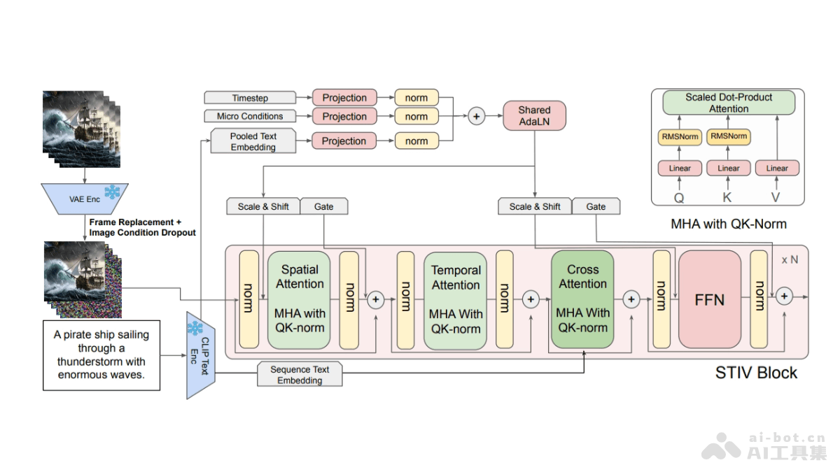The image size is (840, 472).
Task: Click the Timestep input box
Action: pyautogui.click(x=250, y=99)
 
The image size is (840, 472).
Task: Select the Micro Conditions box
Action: pyautogui.click(x=250, y=116)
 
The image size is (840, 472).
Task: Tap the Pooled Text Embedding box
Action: pyautogui.click(x=253, y=141)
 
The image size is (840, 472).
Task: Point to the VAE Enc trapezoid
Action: pyautogui.click(x=85, y=199)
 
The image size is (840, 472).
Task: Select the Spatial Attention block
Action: pyautogui.click(x=299, y=299)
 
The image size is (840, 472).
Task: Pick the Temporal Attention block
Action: pyautogui.click(x=455, y=299)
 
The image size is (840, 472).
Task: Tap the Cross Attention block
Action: pyautogui.click(x=582, y=299)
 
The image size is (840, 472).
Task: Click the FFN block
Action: pyautogui.click(x=709, y=299)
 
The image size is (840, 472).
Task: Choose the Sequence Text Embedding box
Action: pyautogui.click(x=300, y=375)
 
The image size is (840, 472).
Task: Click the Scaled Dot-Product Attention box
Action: pyautogui.click(x=728, y=103)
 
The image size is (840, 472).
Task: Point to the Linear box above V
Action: pyautogui.click(x=777, y=168)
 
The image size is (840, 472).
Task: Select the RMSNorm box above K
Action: pyautogui.click(x=728, y=136)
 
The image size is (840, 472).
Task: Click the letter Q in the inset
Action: pyautogui.click(x=679, y=197)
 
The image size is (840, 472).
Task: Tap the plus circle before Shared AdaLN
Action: pyautogui.click(x=477, y=116)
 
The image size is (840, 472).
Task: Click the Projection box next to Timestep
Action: pyautogui.click(x=344, y=98)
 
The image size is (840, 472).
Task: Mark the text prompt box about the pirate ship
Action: pyautogui.click(x=101, y=355)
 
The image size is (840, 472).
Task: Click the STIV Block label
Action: pyautogui.click(x=756, y=373)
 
